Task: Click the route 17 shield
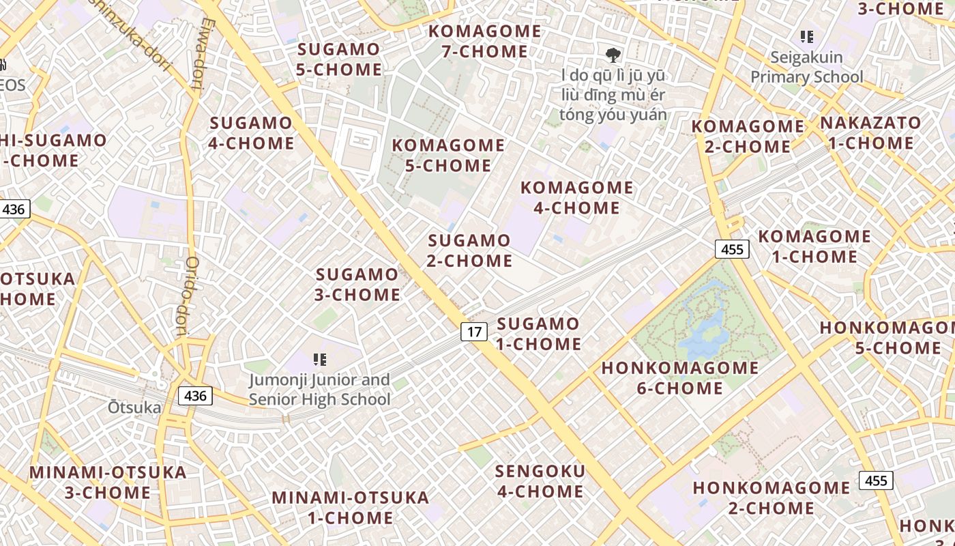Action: click(474, 332)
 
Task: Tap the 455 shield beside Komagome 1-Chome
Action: click(732, 249)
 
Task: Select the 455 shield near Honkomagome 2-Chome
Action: click(875, 480)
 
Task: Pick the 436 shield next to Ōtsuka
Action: click(195, 395)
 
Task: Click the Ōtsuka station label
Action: click(135, 408)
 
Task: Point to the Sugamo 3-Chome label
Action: click(357, 285)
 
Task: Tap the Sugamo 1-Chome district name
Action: click(538, 334)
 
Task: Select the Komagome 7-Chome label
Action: click(484, 41)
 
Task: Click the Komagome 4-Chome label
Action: click(576, 197)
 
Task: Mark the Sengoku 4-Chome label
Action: click(540, 481)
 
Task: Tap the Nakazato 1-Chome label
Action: click(870, 133)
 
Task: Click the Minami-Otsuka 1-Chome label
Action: click(350, 507)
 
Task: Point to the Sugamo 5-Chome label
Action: click(339, 59)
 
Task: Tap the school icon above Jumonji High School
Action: click(319, 359)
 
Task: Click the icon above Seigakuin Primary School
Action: click(807, 37)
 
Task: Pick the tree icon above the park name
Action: click(613, 55)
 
